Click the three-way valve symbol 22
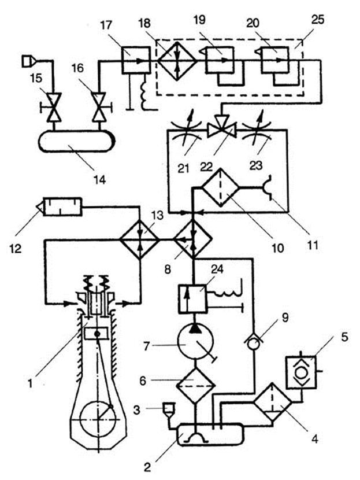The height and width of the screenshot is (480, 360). click(221, 127)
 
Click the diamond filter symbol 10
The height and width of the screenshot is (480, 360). click(217, 187)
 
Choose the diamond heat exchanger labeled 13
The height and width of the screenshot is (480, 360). click(139, 238)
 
